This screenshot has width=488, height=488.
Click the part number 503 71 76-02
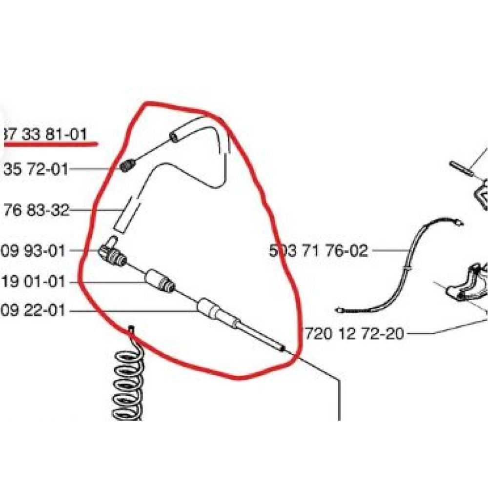(318, 251)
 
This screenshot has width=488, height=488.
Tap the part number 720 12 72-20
(355, 334)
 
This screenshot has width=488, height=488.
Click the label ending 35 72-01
(35, 169)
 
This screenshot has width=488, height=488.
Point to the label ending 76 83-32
(35, 211)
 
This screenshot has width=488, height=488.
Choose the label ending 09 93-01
(33, 251)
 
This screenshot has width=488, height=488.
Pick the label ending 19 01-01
(33, 282)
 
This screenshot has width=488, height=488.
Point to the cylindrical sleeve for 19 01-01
(160, 281)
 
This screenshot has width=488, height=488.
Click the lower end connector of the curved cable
(342, 310)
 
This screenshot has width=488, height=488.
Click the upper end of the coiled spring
(131, 330)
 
